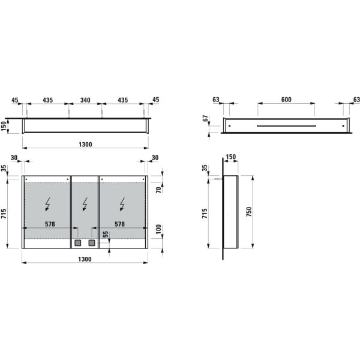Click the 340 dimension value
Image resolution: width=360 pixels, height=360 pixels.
[x=85, y=100]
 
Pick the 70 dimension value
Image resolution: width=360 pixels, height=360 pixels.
[x=159, y=190]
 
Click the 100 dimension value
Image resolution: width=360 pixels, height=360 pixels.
[x=159, y=231]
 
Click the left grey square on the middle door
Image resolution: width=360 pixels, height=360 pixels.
[x=77, y=243]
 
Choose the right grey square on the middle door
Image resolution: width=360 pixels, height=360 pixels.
[x=92, y=243]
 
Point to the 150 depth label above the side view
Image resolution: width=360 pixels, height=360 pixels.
[x=230, y=157]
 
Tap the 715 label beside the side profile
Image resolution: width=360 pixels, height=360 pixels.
[x=205, y=213]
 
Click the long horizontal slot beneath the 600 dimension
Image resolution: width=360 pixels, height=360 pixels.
[x=286, y=126]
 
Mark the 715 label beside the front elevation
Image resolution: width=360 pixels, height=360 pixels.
[x=5, y=213]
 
